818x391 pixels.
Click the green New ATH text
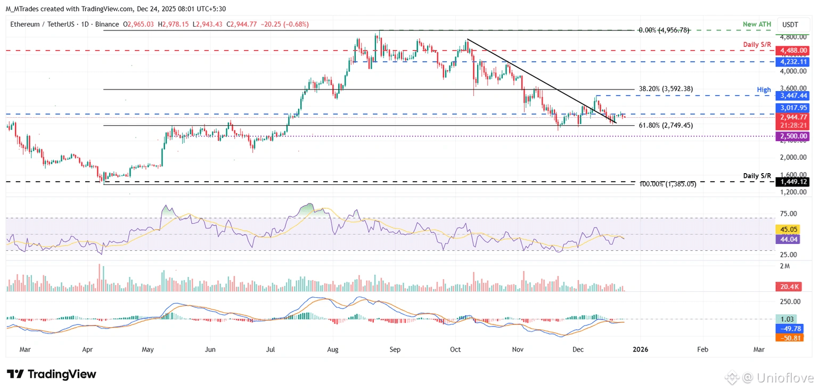coord(757,25)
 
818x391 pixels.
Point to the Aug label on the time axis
coord(332,350)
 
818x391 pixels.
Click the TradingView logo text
coord(52,374)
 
